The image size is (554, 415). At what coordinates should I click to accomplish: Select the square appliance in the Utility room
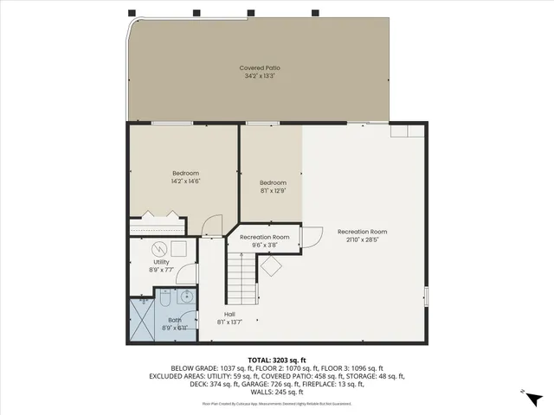click(179, 248)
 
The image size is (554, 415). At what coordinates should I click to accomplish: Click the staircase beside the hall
click(242, 276)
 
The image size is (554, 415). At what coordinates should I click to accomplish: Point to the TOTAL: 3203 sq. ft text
click(277, 359)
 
